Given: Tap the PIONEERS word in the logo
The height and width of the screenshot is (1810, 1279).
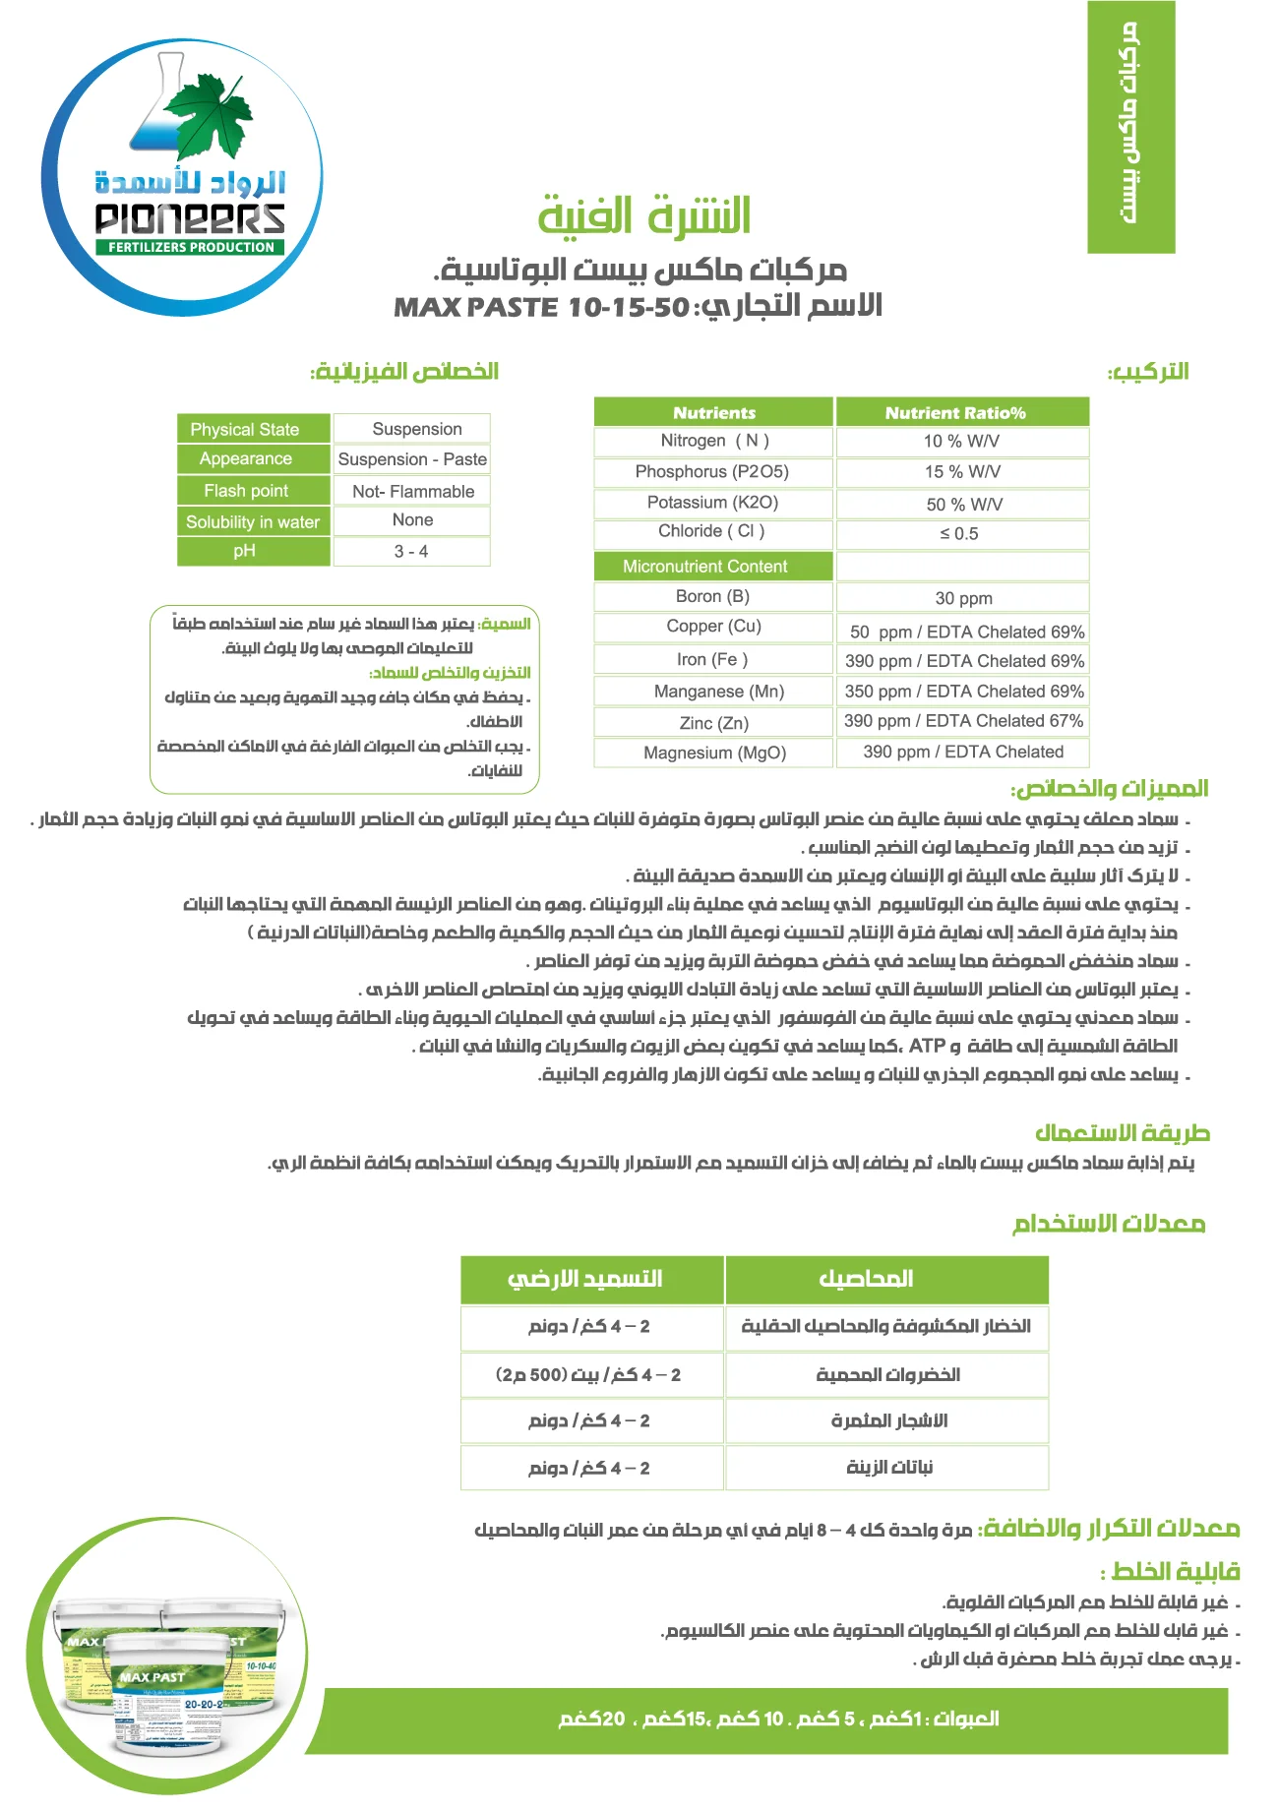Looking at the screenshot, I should (x=190, y=218).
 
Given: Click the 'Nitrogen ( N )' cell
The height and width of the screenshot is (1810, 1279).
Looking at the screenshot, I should (x=714, y=441).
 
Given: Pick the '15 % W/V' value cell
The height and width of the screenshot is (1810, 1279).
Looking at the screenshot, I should (x=962, y=472).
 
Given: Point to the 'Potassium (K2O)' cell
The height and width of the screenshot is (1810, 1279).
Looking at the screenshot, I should (x=712, y=503).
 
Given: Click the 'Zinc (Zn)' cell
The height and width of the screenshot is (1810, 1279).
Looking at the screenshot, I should (x=714, y=723).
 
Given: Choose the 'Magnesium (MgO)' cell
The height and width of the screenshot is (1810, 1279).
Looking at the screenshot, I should (x=714, y=753).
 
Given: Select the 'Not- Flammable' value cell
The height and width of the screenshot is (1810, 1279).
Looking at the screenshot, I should (x=413, y=491).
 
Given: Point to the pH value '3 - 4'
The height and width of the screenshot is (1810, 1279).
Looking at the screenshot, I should (x=411, y=552).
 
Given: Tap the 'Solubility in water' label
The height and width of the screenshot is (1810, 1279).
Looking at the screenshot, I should (x=253, y=522).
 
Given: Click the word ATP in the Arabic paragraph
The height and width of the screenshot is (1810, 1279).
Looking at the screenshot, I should (x=927, y=1046).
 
